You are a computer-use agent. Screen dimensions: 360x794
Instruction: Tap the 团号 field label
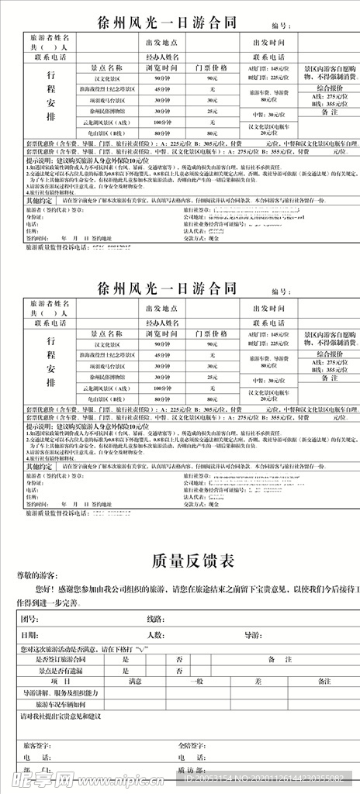(29, 619)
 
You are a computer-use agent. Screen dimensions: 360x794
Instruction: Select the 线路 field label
(154, 619)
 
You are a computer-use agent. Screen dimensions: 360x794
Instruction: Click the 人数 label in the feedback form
(154, 634)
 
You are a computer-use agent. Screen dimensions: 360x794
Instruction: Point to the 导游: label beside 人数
(253, 634)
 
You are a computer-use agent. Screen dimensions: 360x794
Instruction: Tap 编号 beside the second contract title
(281, 291)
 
